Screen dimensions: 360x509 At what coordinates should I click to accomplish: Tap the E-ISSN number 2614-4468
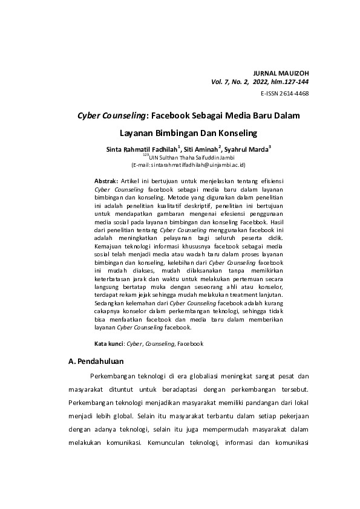click(x=293, y=94)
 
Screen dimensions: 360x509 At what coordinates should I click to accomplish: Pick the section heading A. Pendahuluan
click(x=96, y=362)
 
